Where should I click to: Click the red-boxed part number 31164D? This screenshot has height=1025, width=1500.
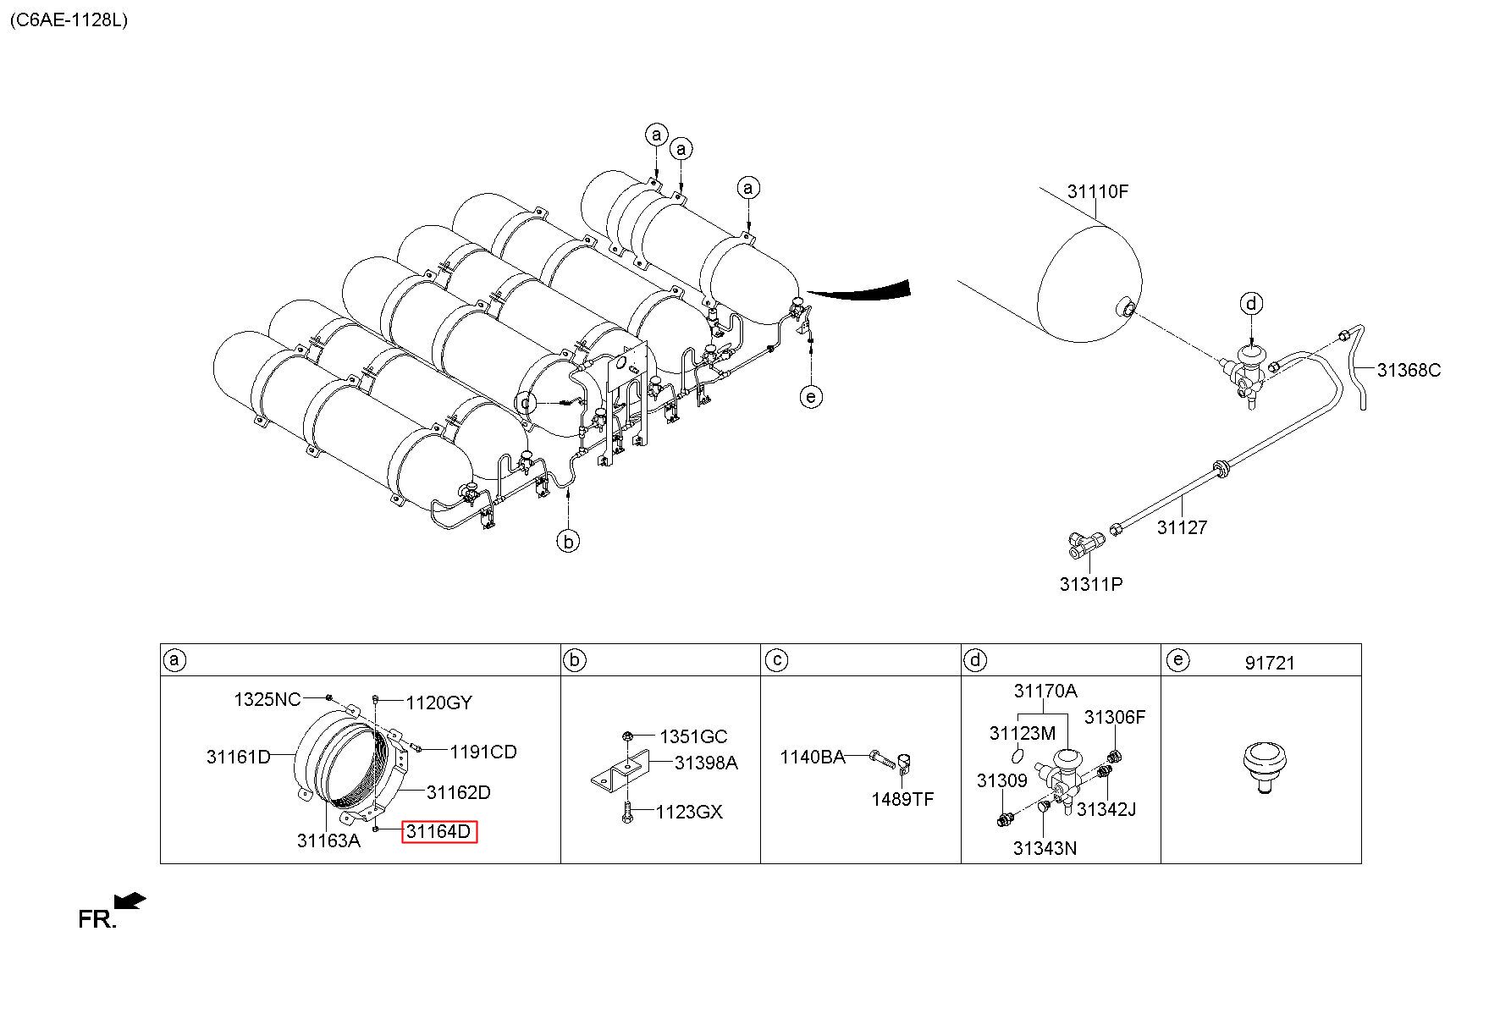[439, 831]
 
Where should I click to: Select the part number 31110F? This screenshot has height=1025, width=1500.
[1098, 191]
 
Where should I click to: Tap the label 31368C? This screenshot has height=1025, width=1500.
[1409, 370]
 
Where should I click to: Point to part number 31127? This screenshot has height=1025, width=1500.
[1182, 527]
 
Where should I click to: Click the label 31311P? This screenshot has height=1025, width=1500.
[1091, 584]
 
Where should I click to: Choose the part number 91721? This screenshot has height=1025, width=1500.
[1270, 664]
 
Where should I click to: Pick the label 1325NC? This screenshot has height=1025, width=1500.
[267, 699]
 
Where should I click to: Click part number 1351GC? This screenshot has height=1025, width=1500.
[693, 736]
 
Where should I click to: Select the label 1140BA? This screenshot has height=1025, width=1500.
[813, 757]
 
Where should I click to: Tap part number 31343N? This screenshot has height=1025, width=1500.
[1045, 848]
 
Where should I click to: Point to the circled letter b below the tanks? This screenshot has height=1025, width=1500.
[569, 540]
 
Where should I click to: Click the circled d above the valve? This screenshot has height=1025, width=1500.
[1252, 303]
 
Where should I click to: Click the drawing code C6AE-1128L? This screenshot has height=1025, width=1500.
[69, 20]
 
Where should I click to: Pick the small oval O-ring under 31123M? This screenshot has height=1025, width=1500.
[1020, 754]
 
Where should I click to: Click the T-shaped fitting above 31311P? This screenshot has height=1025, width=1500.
[1086, 543]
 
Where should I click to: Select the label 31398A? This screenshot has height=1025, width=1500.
[706, 763]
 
